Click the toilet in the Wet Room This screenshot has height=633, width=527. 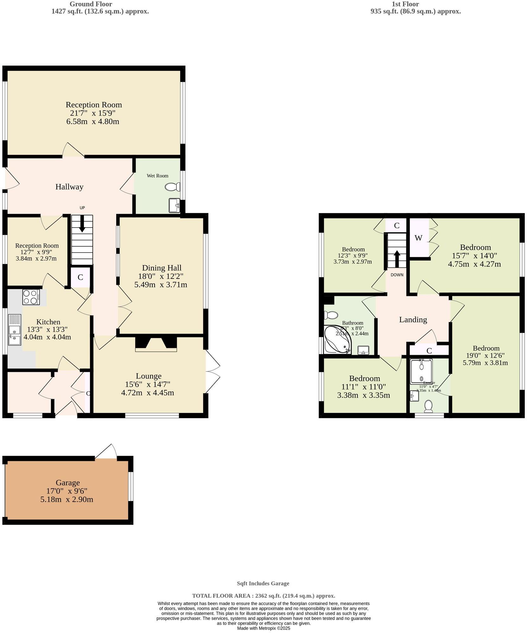pyautogui.click(x=172, y=187)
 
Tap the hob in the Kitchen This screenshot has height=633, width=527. pyautogui.click(x=31, y=297)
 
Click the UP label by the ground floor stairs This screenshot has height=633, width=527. pyautogui.click(x=82, y=208)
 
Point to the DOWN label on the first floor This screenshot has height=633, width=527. pyautogui.click(x=397, y=275)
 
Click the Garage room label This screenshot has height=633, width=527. pyautogui.click(x=67, y=483)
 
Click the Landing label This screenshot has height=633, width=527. pyautogui.click(x=413, y=320)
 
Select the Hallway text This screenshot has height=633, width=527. pyautogui.click(x=69, y=187)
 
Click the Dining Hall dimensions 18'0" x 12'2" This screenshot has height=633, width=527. pyautogui.click(x=161, y=276)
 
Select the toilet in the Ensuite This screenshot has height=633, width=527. pyautogui.click(x=428, y=406)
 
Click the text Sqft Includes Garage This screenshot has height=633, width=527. pyautogui.click(x=263, y=583)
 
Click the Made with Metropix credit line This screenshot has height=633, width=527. pyautogui.click(x=263, y=628)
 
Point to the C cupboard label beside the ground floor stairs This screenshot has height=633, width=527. pyautogui.click(x=80, y=277)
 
